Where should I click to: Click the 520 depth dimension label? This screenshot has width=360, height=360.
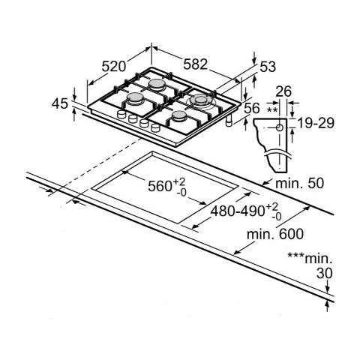pos(113,67)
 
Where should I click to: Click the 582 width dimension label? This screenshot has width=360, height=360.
pos(195,64)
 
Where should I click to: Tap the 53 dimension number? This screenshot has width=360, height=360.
pos(268,67)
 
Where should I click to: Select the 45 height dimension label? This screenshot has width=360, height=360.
pos(60,103)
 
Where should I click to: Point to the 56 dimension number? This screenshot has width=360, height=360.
pos(252,109)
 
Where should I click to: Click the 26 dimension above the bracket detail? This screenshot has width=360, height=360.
pos(283,91)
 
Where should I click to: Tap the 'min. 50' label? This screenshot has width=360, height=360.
pos(299,183)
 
